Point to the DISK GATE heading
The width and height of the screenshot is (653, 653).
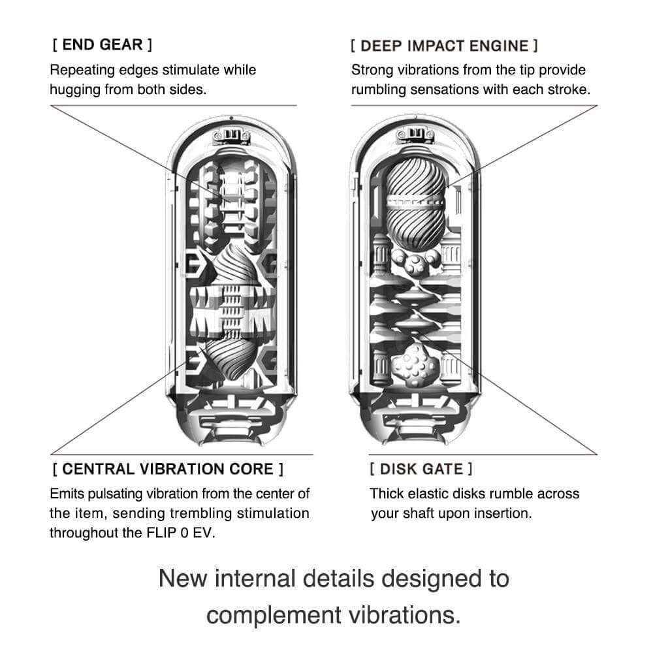[421, 469]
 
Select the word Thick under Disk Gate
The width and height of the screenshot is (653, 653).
[387, 494]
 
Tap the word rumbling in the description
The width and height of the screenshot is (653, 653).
[383, 89]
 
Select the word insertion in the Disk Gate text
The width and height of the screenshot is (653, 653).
[501, 513]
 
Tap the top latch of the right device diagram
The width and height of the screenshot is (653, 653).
[414, 136]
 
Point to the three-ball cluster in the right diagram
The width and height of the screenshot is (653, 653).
[413, 263]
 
